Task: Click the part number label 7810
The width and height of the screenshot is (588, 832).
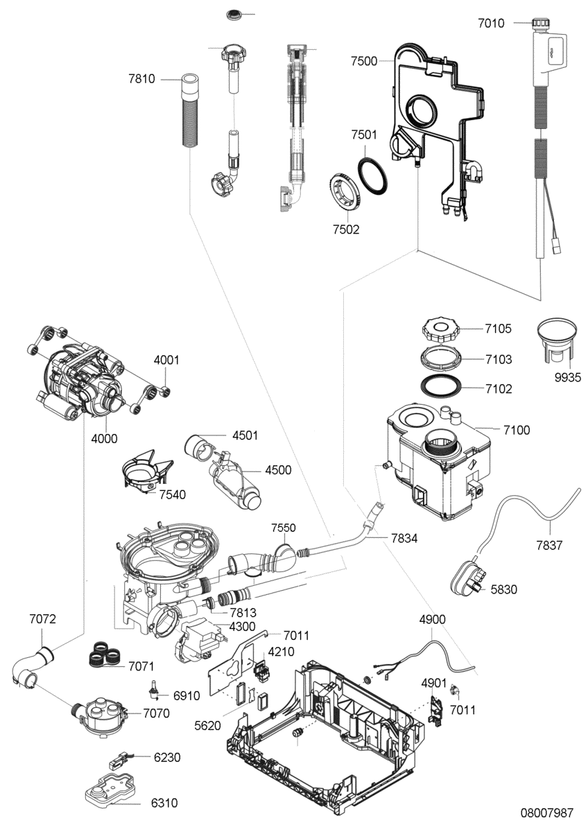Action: (x=141, y=79)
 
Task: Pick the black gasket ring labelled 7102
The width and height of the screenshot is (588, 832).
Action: (x=441, y=386)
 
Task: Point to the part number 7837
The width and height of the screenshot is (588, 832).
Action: (x=549, y=545)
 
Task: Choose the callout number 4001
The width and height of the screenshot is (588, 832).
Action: (x=166, y=360)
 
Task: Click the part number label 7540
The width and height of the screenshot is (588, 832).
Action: (x=173, y=494)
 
